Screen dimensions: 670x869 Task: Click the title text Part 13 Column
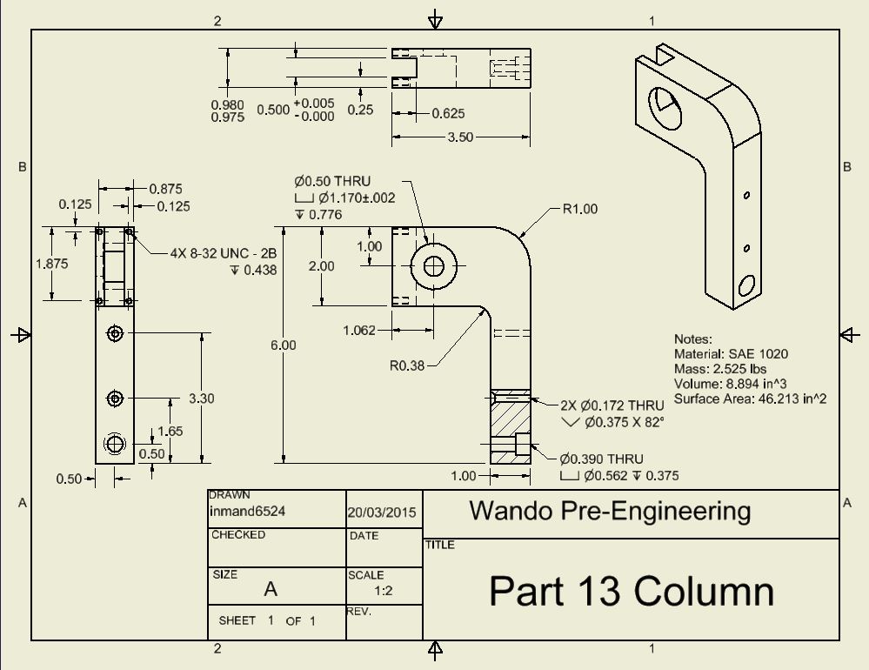pos(631,591)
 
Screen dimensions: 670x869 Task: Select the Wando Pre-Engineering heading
pos(610,511)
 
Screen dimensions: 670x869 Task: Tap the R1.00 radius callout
pos(580,209)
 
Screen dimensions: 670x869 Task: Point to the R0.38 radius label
pos(407,365)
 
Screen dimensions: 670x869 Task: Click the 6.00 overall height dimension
pos(283,345)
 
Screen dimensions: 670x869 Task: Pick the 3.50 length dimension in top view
pos(460,137)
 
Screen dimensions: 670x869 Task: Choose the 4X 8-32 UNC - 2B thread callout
pos(224,253)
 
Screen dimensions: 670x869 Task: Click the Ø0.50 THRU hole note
pos(332,181)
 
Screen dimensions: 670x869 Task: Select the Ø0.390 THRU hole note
pos(602,459)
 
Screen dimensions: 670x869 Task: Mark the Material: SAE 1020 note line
pos(731,354)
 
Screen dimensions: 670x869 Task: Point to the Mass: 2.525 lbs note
pos(721,369)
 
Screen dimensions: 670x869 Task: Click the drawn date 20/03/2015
pos(382,513)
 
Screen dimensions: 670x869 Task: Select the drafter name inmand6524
pos(248,512)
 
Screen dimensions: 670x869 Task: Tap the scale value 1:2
pos(383,590)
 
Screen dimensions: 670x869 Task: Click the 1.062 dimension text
pos(359,331)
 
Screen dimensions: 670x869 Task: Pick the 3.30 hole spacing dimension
pos(201,399)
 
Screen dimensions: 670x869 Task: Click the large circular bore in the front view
pos(431,265)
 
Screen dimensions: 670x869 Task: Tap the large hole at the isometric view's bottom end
pos(745,285)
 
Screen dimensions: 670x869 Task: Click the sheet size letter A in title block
pos(271,589)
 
